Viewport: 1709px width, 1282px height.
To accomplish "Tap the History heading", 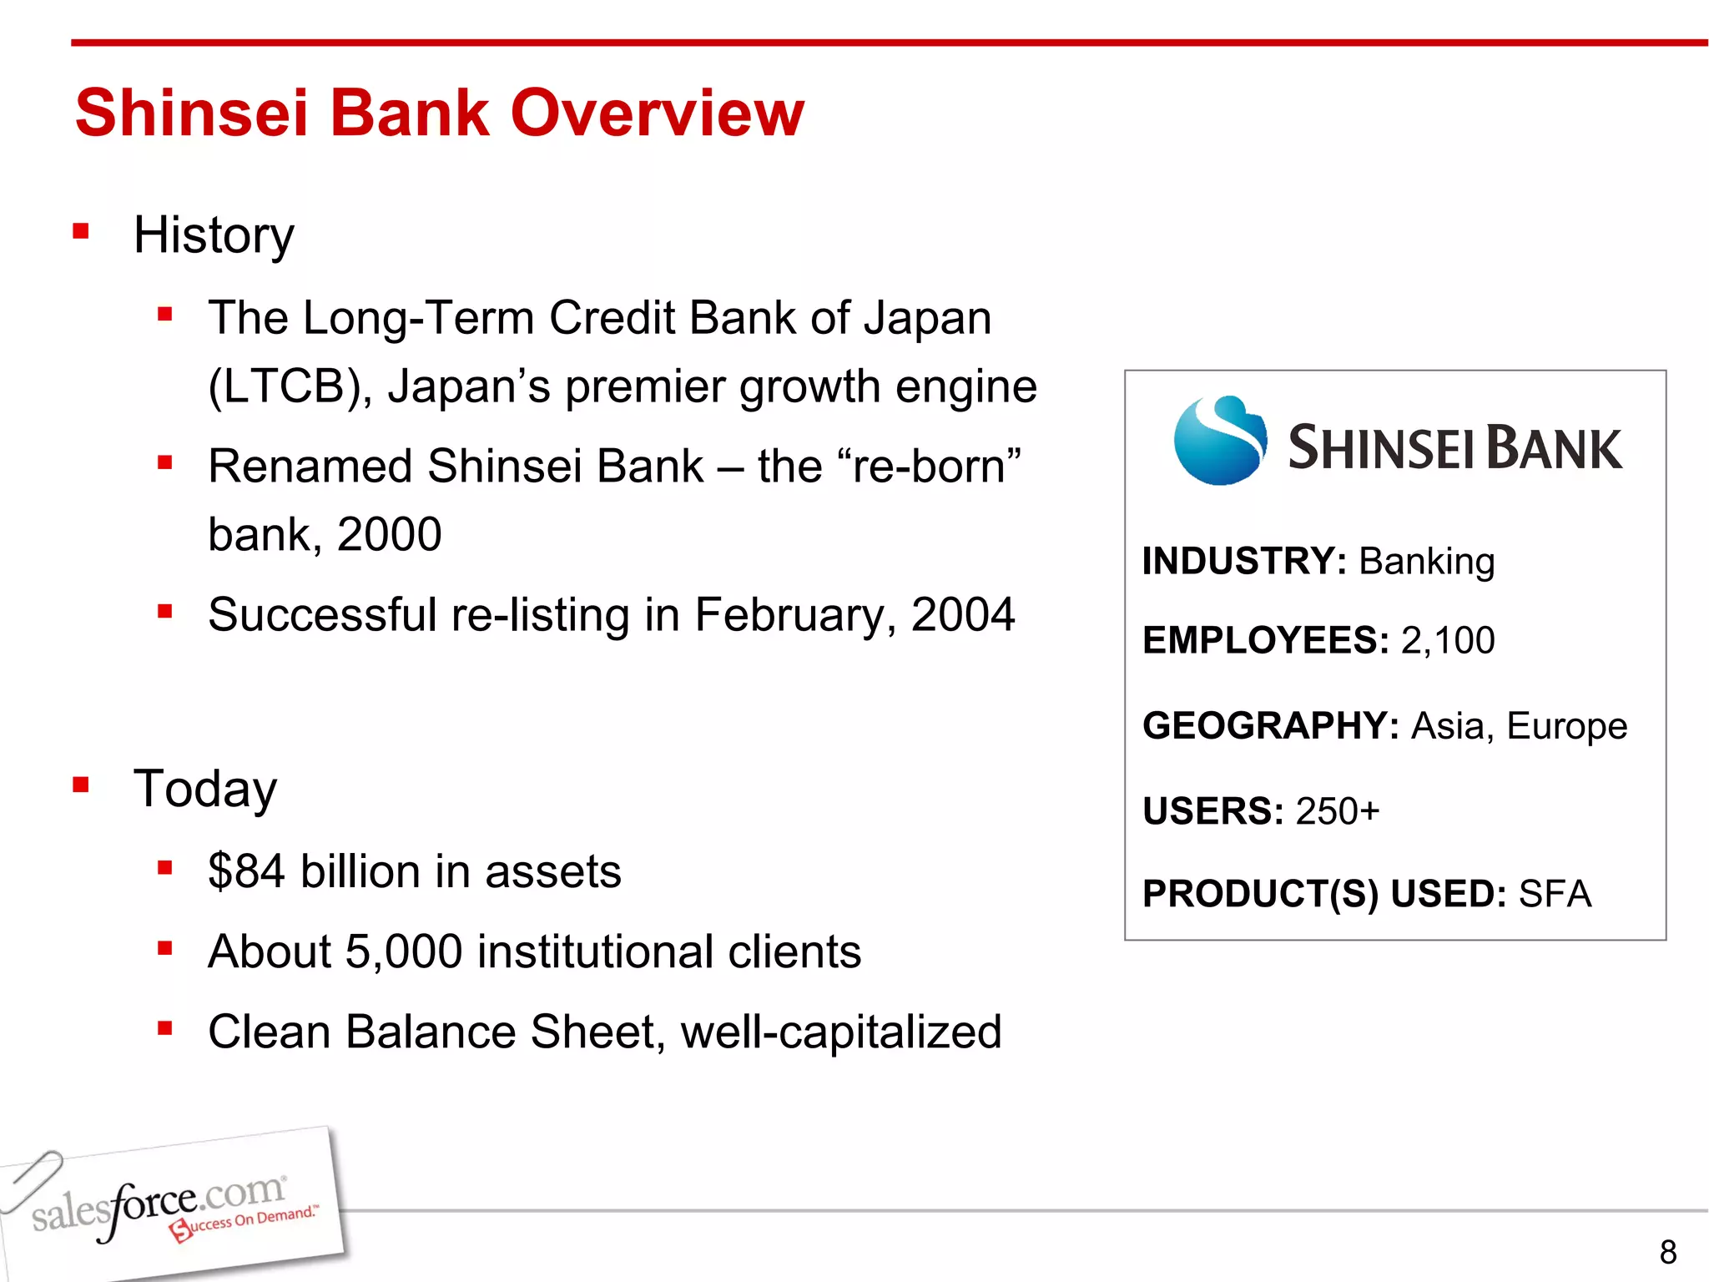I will click(214, 235).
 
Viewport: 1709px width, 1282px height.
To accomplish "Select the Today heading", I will click(205, 789).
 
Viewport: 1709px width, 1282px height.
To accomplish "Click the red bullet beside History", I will click(81, 231).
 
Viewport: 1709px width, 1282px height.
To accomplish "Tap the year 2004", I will click(962, 615).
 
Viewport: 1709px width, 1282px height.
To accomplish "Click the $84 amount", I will click(246, 871).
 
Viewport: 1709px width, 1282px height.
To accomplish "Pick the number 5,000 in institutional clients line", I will click(403, 951).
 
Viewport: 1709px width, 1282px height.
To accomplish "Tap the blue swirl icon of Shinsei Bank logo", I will click(1219, 441).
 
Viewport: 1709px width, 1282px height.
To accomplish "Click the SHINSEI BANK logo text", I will click(1454, 448).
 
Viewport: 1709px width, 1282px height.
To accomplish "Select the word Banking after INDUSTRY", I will click(1426, 561).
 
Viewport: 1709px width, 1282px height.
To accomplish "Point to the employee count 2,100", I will click(1448, 640).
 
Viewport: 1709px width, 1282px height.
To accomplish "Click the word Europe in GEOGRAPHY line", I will click(1566, 725).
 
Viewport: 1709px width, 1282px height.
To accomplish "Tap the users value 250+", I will click(1338, 811).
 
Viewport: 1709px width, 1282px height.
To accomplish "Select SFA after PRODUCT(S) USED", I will click(1555, 894).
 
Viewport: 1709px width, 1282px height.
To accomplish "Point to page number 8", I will click(1667, 1252).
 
